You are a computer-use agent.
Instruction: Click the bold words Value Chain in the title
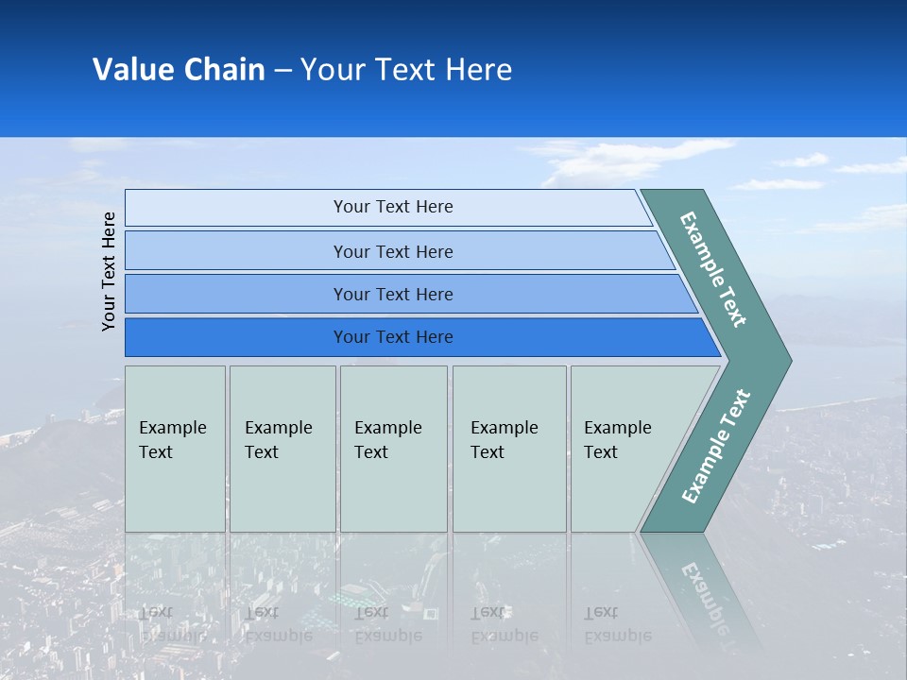point(179,70)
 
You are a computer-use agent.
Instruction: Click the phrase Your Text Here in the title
point(405,70)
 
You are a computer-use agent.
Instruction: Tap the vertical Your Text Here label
point(109,271)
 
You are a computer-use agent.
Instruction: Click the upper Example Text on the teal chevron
point(713,269)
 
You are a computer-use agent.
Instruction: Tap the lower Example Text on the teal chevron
point(715,447)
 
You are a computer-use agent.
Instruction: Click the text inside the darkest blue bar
point(393,337)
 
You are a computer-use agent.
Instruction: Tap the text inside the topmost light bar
point(393,207)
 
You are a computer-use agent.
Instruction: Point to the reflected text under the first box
point(173,624)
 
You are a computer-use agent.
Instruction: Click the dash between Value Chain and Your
point(282,71)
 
